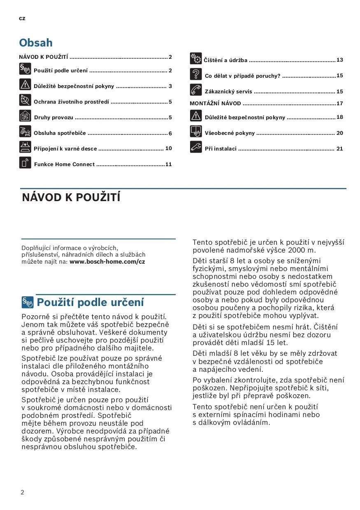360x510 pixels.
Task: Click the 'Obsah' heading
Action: tap(36, 43)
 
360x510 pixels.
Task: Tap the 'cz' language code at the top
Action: tap(22, 19)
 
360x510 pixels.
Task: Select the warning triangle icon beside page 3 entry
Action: tap(25, 85)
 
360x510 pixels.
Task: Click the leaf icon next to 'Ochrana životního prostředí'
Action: tap(25, 100)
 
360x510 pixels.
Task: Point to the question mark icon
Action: tap(195, 74)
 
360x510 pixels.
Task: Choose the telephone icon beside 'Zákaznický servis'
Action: tap(195, 90)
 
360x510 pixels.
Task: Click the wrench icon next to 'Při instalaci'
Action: tap(195, 147)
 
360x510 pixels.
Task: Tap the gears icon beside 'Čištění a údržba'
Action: tap(195, 59)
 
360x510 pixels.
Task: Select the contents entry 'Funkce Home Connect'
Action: tap(64, 165)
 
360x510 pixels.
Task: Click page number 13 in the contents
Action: tap(340, 60)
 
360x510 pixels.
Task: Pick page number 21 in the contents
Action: tap(340, 149)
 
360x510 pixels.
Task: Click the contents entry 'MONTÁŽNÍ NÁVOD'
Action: tap(215, 104)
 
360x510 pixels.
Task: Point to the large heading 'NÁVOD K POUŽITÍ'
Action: tap(71, 198)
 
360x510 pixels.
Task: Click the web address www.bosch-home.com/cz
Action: tap(107, 262)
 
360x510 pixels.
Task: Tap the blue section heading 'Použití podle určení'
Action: tap(91, 303)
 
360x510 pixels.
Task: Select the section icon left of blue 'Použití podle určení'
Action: tap(28, 303)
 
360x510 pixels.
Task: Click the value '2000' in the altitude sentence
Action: tap(296, 250)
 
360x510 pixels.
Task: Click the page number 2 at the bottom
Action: tap(22, 493)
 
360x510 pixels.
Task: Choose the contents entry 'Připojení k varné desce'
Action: tap(65, 149)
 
